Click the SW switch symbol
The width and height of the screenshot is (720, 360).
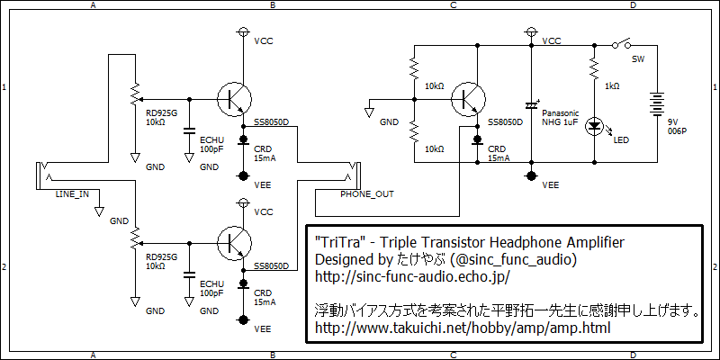620,43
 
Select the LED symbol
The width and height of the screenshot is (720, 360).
593,127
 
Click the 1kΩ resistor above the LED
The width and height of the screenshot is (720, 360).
593,68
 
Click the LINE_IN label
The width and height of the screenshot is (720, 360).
73,193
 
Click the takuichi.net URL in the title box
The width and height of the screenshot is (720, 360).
463,328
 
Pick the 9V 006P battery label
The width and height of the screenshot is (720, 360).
676,125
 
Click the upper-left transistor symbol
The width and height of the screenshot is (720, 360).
236,96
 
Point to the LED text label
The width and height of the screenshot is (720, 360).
620,139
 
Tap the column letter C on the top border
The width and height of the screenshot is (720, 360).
453,5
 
